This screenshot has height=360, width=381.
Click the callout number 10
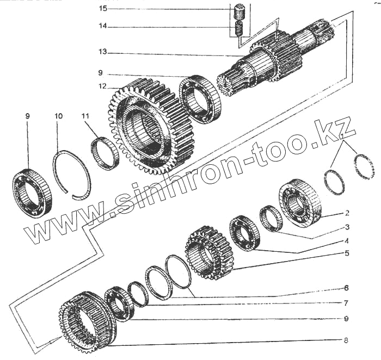coord(59,116)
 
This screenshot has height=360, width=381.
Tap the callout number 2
coord(346,213)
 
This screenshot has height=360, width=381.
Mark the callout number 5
coord(346,253)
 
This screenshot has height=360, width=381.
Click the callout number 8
coord(346,341)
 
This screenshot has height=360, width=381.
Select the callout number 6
coord(346,288)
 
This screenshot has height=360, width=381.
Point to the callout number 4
coord(346,240)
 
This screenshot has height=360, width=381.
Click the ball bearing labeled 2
coord(299,202)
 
